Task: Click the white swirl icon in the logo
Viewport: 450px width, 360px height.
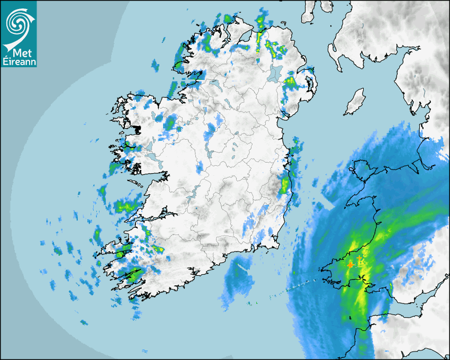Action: click(x=19, y=23)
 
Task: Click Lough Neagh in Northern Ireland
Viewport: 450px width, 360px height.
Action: click(x=275, y=73)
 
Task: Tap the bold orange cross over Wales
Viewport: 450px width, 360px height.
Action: click(x=350, y=265)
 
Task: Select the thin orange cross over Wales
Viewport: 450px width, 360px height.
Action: click(x=359, y=258)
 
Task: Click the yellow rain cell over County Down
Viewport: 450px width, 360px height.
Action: click(x=290, y=82)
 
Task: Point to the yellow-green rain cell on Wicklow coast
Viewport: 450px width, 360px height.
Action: click(x=285, y=185)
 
